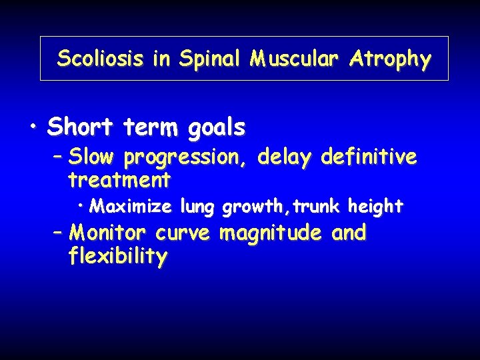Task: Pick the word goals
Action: click(x=216, y=127)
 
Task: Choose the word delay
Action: click(x=285, y=158)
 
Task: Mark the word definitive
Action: click(x=369, y=157)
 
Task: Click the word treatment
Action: click(x=119, y=179)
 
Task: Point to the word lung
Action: click(x=198, y=207)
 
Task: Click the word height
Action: click(x=375, y=207)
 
